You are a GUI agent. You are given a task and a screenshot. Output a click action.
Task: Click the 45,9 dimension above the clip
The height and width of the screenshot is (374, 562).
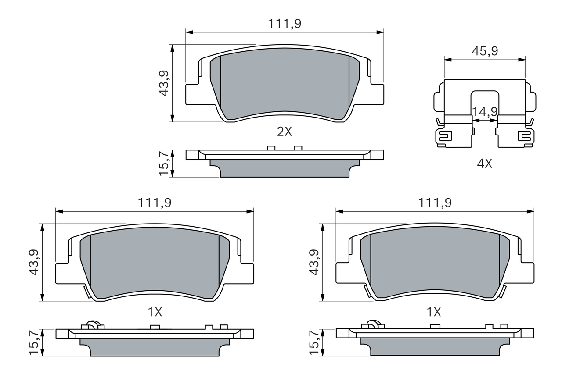tap(485, 51)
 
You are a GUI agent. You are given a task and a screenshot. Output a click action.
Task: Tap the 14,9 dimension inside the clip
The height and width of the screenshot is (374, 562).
tap(485, 112)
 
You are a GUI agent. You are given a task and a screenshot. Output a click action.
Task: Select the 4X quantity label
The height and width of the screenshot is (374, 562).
tap(484, 164)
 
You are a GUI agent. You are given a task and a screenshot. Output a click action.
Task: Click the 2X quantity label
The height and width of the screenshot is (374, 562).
tap(285, 132)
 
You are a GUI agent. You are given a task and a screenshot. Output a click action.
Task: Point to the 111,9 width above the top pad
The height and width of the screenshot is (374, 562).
tap(285, 24)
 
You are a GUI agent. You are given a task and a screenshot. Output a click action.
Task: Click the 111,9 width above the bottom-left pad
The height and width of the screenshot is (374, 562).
tap(155, 203)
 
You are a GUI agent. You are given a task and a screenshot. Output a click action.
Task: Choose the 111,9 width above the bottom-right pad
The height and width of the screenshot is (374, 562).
tap(435, 203)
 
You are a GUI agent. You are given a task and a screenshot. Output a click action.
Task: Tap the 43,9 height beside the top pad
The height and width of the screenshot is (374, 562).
tap(164, 83)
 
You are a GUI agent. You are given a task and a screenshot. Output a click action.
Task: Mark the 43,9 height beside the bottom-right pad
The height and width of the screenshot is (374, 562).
tap(314, 262)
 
